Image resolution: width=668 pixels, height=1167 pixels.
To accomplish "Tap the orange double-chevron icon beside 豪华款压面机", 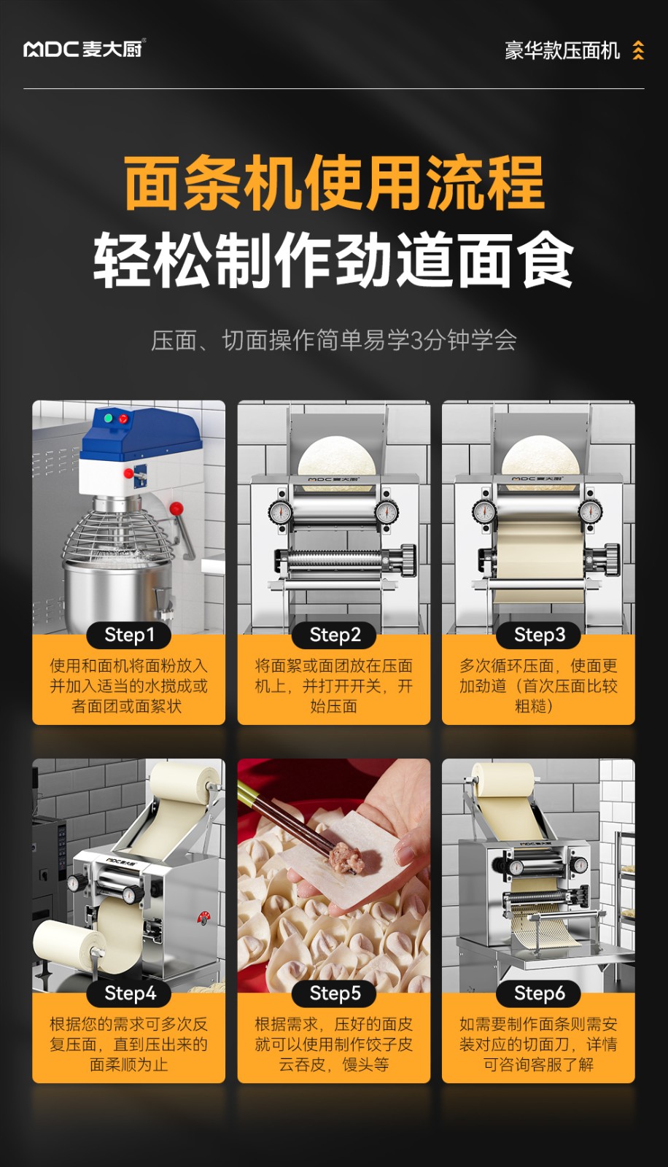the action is pos(638,50).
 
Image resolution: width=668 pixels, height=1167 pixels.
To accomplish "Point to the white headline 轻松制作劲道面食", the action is pos(333,259).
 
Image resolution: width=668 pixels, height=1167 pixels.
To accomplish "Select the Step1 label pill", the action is pos(129,635).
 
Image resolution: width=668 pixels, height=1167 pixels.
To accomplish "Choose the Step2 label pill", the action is pos(334,635).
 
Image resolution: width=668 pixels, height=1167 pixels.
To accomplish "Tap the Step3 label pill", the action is pos(539,635).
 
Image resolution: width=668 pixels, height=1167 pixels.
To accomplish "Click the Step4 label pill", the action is pos(129,993).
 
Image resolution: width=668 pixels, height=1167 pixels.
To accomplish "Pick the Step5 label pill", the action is pos(334,993).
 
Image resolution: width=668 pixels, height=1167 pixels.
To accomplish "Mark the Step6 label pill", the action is pos(539,993).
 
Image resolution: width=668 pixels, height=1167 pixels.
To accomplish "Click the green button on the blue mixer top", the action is pos(109,417).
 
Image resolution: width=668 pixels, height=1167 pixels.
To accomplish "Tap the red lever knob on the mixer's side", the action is pos(176,508).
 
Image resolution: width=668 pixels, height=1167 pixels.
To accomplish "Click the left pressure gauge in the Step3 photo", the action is pos(484,511).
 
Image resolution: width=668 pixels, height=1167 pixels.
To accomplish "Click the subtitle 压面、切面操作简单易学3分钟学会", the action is pos(333,341).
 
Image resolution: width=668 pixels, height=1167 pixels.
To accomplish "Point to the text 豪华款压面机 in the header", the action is pos(562,51).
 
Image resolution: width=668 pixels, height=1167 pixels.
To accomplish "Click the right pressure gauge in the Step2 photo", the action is pos(387,511).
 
